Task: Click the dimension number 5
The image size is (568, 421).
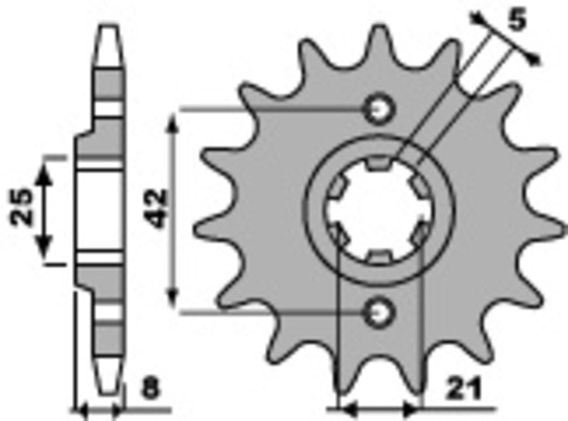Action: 518,21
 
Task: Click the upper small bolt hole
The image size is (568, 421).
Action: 378,109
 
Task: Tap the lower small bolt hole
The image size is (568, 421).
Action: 378,310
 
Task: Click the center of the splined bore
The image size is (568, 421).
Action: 377,210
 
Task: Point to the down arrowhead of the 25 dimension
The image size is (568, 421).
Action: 45,252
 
